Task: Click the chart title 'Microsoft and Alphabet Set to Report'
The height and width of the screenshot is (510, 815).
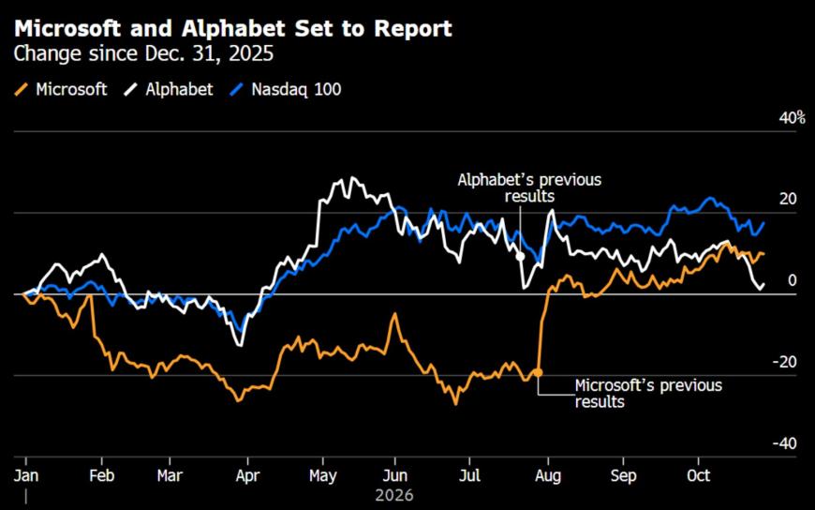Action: point(233,29)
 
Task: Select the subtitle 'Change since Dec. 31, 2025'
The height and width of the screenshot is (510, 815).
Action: point(143,54)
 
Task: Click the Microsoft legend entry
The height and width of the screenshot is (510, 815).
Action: point(61,89)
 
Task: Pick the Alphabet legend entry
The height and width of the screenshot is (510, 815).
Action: point(169,89)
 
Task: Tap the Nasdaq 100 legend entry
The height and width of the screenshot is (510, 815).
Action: point(286,89)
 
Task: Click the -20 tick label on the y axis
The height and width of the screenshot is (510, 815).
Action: point(784,362)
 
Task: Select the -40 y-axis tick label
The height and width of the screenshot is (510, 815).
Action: point(784,443)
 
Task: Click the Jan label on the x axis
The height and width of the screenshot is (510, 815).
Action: point(26,475)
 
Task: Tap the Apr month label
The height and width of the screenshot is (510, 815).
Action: point(247,475)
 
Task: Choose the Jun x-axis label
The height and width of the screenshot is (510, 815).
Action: point(395,475)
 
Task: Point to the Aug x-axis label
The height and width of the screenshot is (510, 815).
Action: point(548,475)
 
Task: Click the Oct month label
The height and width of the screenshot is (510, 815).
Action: point(699,475)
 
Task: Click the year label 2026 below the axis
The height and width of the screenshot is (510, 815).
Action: point(394,495)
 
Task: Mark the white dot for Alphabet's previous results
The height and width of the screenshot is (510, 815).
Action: point(520,256)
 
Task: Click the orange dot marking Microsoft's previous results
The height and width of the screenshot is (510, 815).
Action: point(538,372)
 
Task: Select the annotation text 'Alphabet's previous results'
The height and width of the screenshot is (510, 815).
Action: point(529,187)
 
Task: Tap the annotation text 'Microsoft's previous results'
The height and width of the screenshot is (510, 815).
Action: point(648,394)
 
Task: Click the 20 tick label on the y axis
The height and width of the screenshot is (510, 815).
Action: point(788,200)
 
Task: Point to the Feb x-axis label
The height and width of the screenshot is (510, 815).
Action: point(101,475)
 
